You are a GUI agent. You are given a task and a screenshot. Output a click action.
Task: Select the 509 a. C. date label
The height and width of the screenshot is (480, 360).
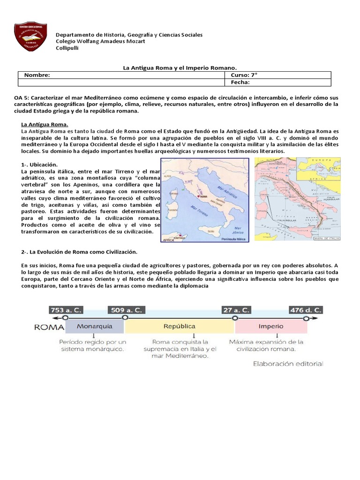click(x=125, y=310)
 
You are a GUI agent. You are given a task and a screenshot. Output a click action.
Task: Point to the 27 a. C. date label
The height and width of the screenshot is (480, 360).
click(x=236, y=310)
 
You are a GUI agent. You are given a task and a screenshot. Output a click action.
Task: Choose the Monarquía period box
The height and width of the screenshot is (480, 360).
click(x=95, y=326)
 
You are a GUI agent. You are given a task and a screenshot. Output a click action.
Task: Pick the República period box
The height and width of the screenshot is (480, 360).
click(x=180, y=326)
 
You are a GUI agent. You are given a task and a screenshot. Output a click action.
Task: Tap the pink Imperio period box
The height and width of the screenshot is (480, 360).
click(x=271, y=326)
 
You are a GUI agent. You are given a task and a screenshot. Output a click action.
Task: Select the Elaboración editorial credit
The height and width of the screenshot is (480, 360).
click(x=288, y=363)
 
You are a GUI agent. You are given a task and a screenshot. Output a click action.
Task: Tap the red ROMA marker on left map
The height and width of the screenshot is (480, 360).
click(x=199, y=196)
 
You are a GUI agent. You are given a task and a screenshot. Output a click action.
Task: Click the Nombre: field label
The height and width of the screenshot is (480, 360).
click(x=37, y=75)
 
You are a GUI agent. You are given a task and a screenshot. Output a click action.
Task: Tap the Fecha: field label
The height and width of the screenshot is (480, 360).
click(x=240, y=82)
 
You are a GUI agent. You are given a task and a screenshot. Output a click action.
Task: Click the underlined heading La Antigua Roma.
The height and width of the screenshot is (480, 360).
click(x=45, y=124)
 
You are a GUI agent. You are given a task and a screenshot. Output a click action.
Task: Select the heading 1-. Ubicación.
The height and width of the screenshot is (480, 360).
click(x=39, y=165)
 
